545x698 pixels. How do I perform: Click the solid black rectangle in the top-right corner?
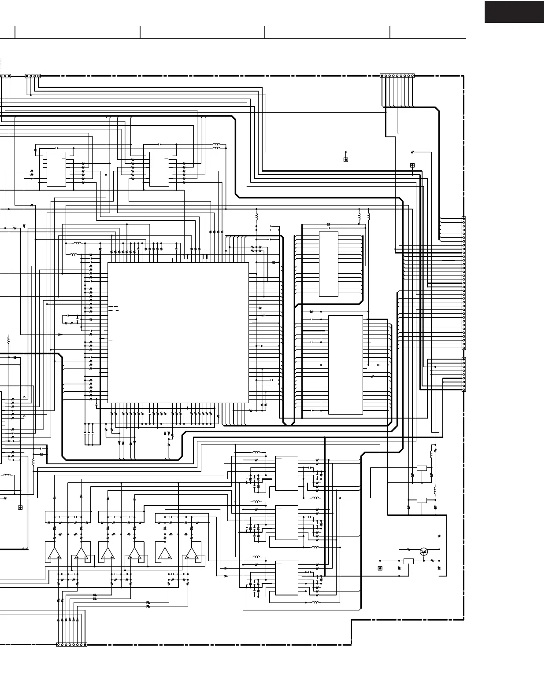click(x=514, y=12)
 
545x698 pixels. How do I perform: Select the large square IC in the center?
click(x=178, y=332)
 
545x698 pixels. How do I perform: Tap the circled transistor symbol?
click(x=424, y=551)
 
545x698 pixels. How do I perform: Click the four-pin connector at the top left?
click(x=33, y=76)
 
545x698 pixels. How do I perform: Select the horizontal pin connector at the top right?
click(x=397, y=76)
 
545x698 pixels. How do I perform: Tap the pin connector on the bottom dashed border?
click(x=72, y=645)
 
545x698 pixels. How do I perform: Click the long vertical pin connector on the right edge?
click(x=463, y=283)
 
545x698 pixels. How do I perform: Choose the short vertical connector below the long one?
click(x=463, y=374)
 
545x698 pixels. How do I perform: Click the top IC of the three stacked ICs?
click(x=286, y=473)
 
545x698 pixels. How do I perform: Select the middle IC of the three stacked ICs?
click(x=286, y=522)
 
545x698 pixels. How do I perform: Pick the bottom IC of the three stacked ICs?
click(x=286, y=578)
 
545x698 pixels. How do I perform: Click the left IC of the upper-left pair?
click(x=56, y=169)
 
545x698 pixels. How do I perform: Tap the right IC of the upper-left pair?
click(x=159, y=169)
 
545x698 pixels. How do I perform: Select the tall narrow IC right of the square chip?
click(x=328, y=264)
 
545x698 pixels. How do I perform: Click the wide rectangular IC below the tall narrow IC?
click(x=346, y=365)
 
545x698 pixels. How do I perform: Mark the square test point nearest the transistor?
click(x=380, y=568)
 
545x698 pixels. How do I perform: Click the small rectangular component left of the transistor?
click(x=408, y=561)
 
